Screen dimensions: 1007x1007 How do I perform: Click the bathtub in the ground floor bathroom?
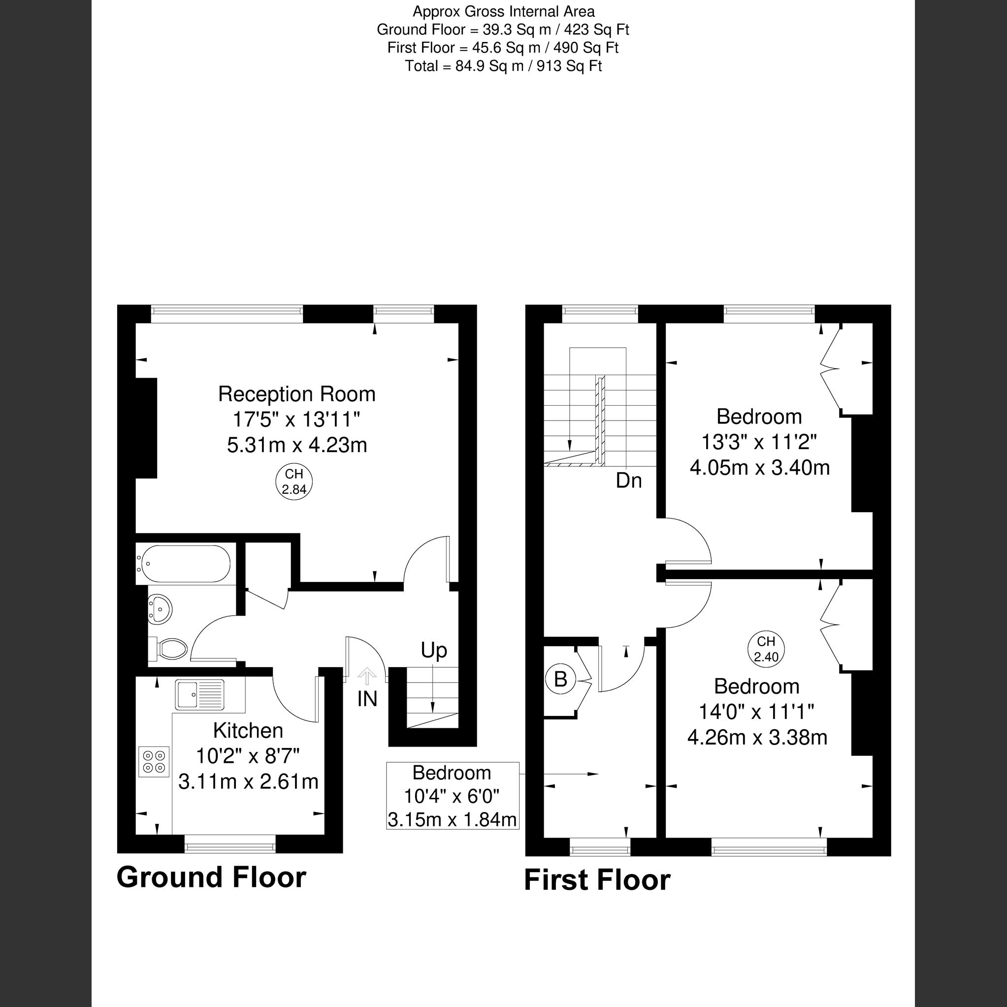184,564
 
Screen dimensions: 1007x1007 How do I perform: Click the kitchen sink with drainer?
199,694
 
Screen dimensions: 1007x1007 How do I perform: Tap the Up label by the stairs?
434,650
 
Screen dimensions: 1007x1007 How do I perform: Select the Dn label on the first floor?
629,481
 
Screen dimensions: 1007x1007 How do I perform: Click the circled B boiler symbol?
560,679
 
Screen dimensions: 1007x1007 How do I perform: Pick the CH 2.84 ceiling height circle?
294,482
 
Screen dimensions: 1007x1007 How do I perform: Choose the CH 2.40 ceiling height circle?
766,650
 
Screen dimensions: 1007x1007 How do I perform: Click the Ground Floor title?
211,877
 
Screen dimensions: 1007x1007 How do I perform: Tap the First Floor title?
597,880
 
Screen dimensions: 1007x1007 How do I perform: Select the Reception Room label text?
296,394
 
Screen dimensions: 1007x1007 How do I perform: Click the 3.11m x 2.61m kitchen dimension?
248,782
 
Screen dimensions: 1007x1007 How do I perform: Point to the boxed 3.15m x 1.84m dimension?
452,820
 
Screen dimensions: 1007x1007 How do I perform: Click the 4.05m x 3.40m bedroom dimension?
759,467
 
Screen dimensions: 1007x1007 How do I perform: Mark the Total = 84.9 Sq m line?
503,66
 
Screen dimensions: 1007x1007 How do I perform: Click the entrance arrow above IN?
367,676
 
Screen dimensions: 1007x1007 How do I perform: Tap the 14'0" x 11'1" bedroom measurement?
756,712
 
